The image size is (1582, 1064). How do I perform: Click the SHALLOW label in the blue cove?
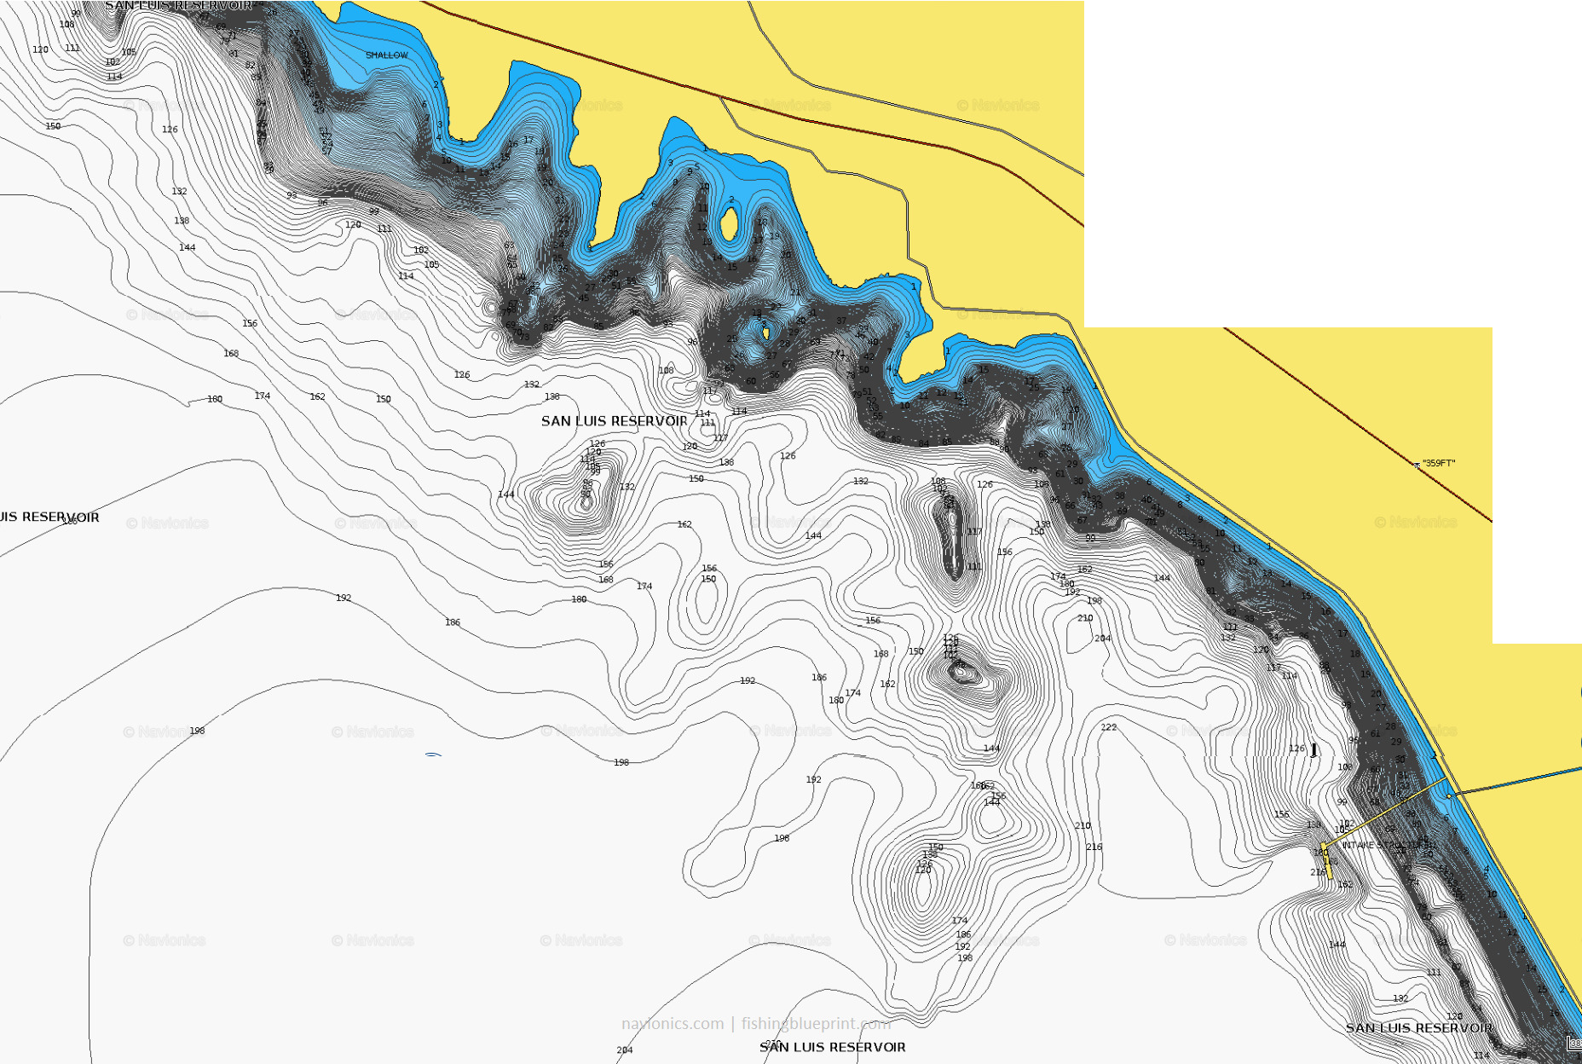pyautogui.click(x=386, y=55)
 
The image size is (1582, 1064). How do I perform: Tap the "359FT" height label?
pyautogui.click(x=1440, y=463)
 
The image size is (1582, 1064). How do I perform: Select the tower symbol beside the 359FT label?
pyautogui.click(x=1417, y=465)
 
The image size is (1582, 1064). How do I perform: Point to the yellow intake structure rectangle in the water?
pyautogui.click(x=1325, y=860)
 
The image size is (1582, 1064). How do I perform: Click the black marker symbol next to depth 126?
pyautogui.click(x=1314, y=750)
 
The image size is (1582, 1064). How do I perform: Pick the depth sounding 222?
pyautogui.click(x=1108, y=727)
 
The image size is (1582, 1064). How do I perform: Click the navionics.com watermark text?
pyautogui.click(x=672, y=1023)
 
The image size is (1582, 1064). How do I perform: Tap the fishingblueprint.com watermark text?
pyautogui.click(x=816, y=1023)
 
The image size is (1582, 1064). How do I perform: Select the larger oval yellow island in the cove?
pyautogui.click(x=730, y=224)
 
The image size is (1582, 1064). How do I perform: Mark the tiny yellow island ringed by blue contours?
pyautogui.click(x=765, y=332)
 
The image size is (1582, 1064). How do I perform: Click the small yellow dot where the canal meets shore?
pyautogui.click(x=1449, y=795)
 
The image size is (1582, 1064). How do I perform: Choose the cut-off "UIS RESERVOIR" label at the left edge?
pyautogui.click(x=49, y=517)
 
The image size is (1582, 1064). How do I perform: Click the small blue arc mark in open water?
pyautogui.click(x=433, y=755)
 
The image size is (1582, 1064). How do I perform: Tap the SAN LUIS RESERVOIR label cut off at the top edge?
pyautogui.click(x=178, y=6)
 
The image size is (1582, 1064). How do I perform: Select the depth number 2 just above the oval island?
pyautogui.click(x=731, y=199)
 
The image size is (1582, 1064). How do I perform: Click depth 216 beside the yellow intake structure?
pyautogui.click(x=1318, y=872)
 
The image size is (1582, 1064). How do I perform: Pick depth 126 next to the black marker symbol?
pyautogui.click(x=1296, y=749)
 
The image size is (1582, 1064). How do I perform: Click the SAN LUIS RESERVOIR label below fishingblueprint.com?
pyautogui.click(x=833, y=1047)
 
